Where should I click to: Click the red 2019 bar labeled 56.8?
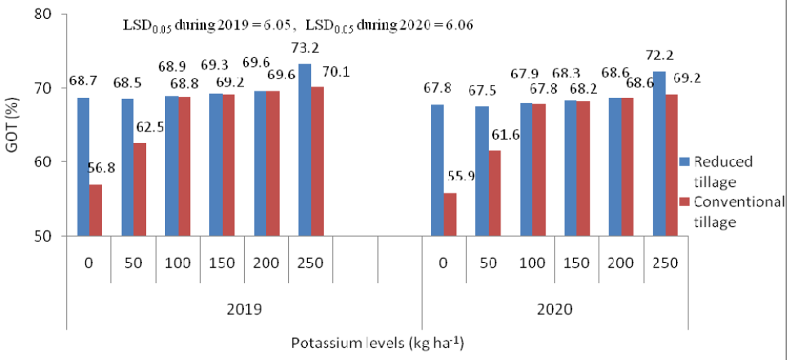pyautogui.click(x=96, y=210)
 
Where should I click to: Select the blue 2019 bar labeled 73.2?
pyautogui.click(x=305, y=149)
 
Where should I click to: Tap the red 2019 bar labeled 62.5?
pyautogui.click(x=140, y=189)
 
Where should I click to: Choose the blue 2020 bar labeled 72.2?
pyautogui.click(x=659, y=153)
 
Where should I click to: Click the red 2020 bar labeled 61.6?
pyautogui.click(x=495, y=193)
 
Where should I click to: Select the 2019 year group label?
pyautogui.click(x=245, y=309)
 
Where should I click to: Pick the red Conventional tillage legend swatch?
pyautogui.click(x=686, y=202)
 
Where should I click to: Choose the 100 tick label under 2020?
pyautogui.click(x=532, y=263)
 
